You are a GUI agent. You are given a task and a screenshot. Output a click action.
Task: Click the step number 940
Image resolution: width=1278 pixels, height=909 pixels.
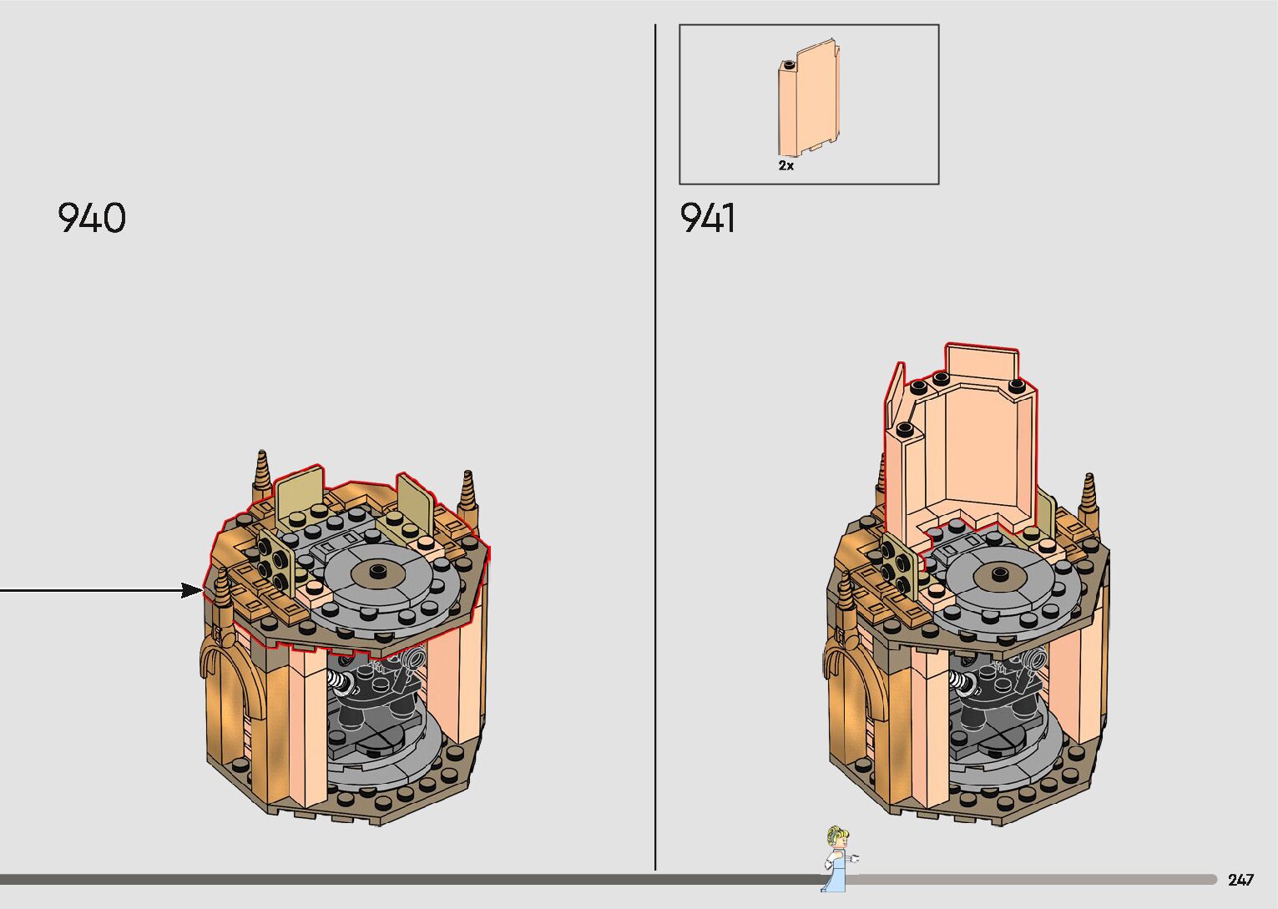click(91, 217)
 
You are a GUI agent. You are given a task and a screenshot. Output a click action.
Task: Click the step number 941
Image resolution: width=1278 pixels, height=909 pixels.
click(708, 217)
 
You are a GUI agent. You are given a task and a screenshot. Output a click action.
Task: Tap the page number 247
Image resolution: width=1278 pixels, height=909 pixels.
click(1241, 879)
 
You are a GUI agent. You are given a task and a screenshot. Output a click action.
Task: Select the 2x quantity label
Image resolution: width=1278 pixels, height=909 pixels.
click(785, 165)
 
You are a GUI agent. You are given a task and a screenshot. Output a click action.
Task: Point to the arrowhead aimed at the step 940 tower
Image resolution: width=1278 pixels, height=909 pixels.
click(192, 591)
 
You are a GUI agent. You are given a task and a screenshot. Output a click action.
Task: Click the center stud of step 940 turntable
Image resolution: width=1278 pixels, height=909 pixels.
click(377, 569)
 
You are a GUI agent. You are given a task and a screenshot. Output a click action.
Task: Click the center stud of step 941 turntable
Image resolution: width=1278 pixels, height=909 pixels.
click(999, 573)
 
